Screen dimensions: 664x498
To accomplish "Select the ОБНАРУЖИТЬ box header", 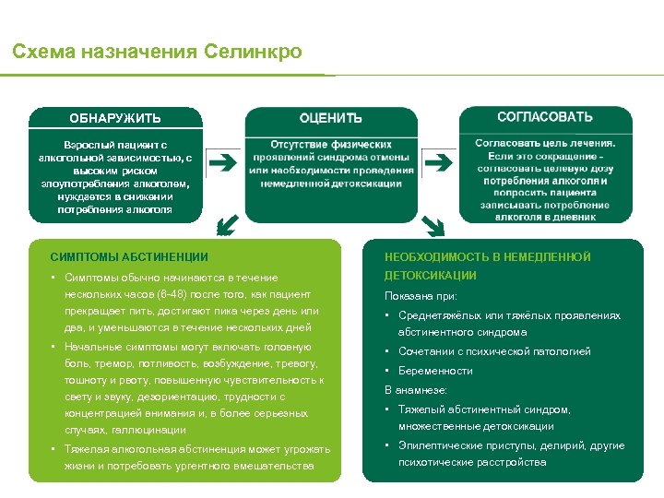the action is pyautogui.click(x=115, y=118).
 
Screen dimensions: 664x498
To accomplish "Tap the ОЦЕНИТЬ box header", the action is pyautogui.click(x=330, y=118).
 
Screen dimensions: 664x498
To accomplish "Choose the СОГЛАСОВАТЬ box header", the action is pyautogui.click(x=545, y=117).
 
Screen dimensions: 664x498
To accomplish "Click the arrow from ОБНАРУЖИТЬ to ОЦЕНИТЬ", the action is pyautogui.click(x=222, y=164).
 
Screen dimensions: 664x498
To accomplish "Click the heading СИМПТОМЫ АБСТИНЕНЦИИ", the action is pyautogui.click(x=129, y=257).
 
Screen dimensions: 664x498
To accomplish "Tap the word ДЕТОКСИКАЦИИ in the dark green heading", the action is pyautogui.click(x=431, y=276).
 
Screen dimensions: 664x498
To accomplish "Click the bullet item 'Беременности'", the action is pyautogui.click(x=435, y=371).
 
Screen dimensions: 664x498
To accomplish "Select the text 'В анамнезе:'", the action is pyautogui.click(x=416, y=390).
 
